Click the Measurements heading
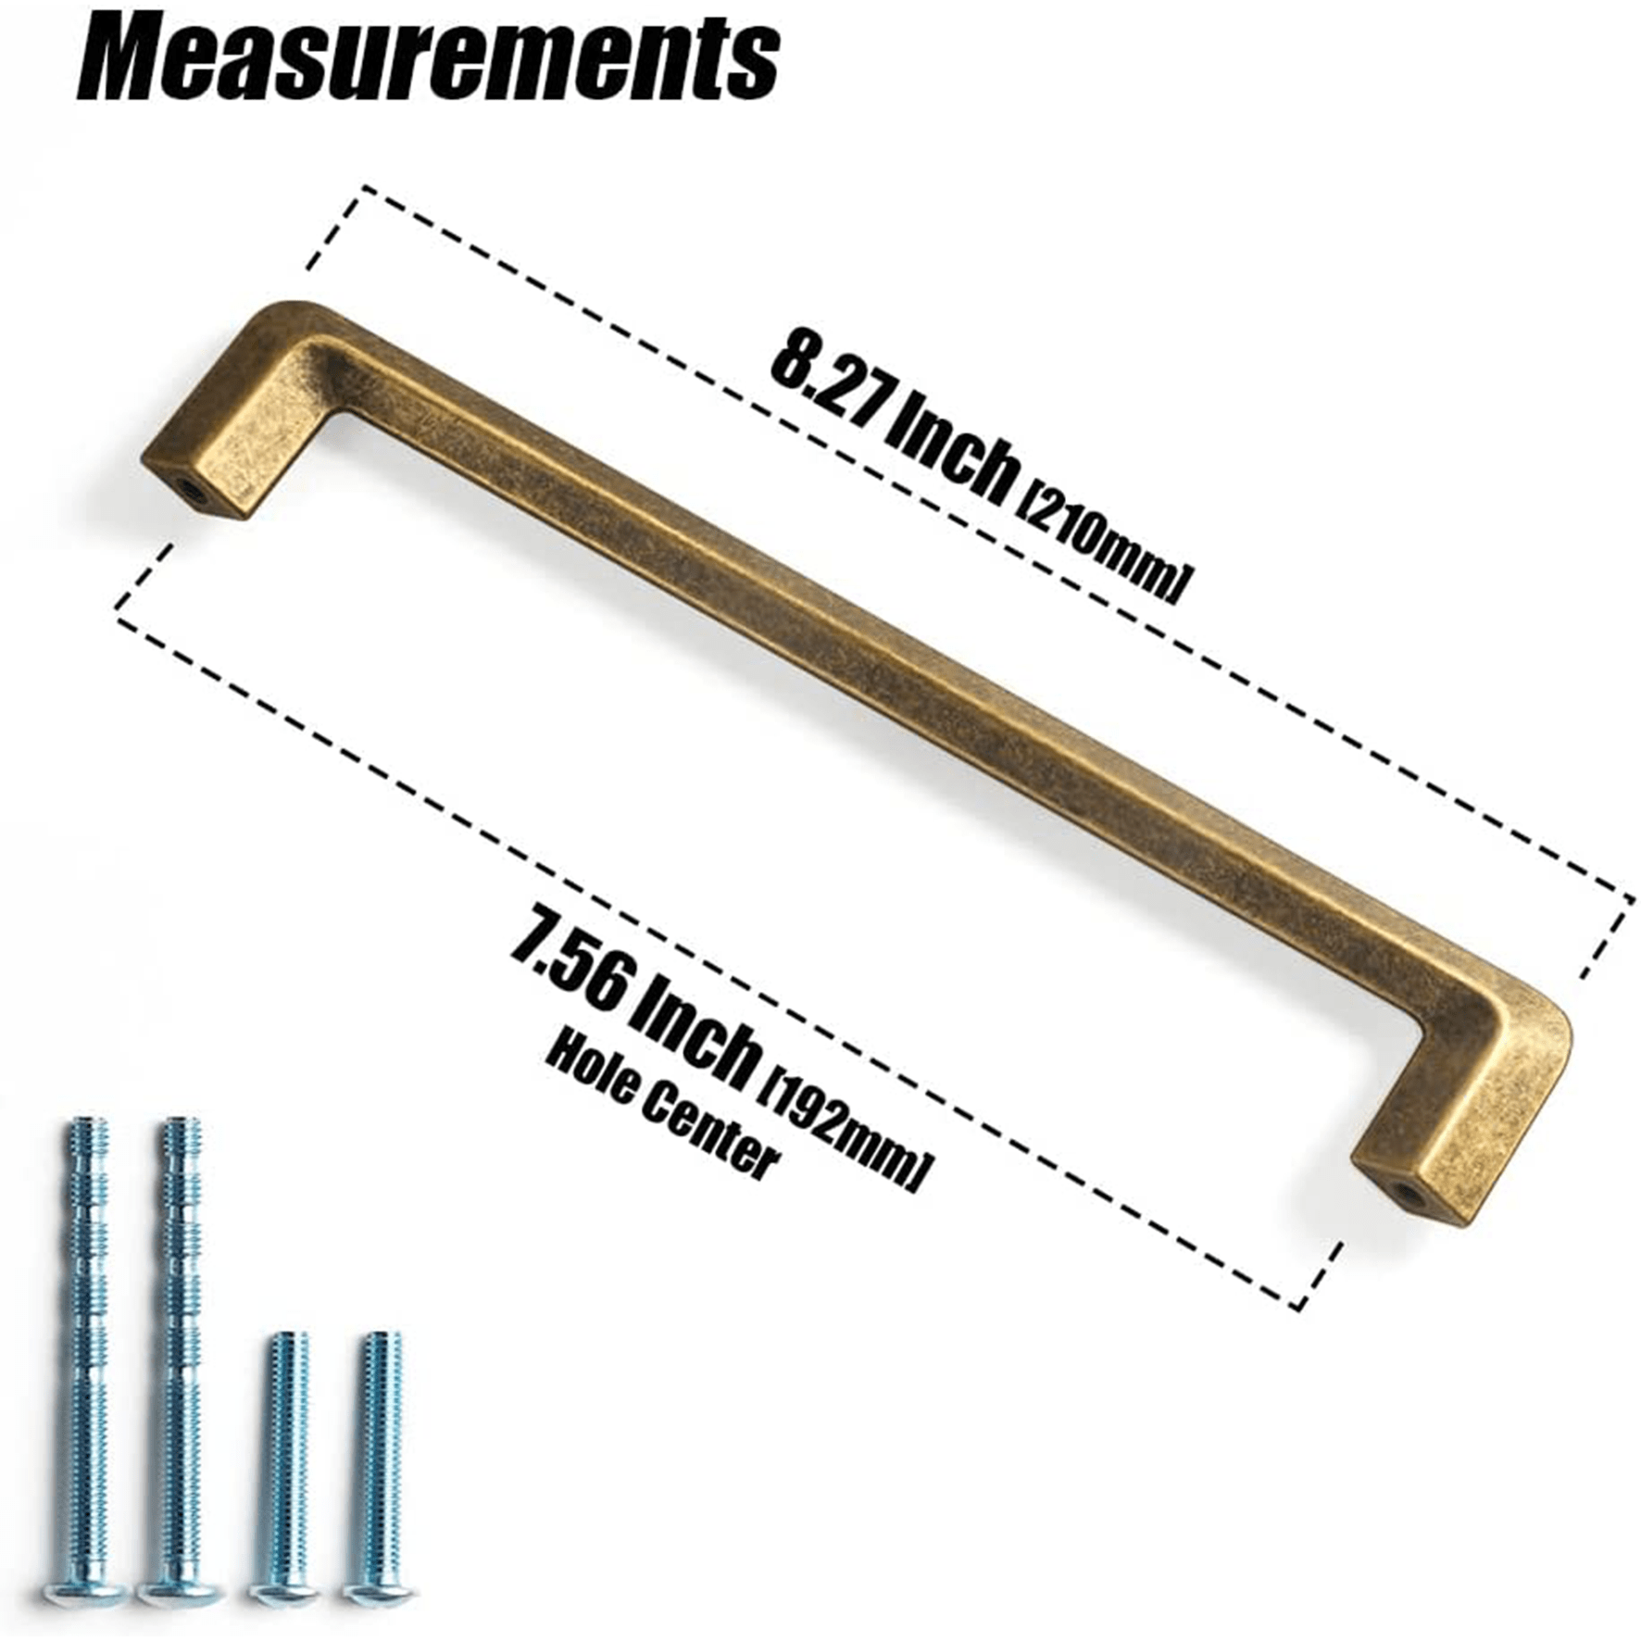(x=428, y=60)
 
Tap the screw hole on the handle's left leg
(x=192, y=488)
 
